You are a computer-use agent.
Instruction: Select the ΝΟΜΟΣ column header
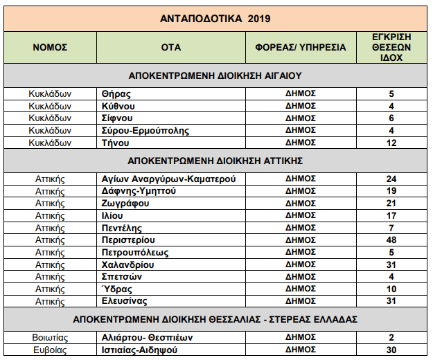click(x=50, y=48)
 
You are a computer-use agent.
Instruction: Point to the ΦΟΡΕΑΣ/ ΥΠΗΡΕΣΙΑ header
click(x=301, y=48)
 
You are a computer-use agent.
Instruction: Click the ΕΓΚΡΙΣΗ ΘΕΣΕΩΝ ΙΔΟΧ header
click(x=391, y=48)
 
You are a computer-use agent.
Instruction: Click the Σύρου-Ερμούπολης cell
click(x=145, y=131)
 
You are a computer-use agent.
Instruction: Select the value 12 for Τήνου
click(x=391, y=143)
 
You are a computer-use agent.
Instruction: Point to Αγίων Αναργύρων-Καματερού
click(x=169, y=179)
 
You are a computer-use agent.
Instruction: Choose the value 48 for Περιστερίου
click(x=391, y=240)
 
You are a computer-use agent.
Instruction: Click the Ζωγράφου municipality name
click(x=125, y=204)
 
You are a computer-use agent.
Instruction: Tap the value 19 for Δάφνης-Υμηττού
click(x=391, y=191)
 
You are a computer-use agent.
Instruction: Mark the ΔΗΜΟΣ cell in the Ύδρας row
click(x=301, y=289)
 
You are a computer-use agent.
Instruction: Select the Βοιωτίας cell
click(x=50, y=338)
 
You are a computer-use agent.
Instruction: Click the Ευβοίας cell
click(x=50, y=350)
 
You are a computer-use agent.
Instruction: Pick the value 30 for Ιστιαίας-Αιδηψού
click(x=391, y=350)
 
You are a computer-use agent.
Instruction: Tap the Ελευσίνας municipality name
click(x=125, y=301)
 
